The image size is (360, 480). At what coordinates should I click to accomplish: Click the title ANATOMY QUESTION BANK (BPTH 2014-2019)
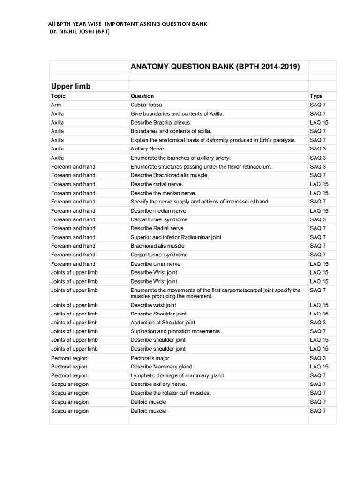click(215, 67)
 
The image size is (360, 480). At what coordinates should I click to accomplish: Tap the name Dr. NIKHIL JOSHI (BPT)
click(80, 31)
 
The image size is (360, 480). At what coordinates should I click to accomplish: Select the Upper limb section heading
click(71, 86)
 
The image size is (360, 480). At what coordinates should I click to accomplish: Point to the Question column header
click(142, 96)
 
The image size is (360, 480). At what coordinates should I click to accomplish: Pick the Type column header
click(316, 96)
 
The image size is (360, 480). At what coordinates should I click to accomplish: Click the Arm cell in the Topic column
click(56, 105)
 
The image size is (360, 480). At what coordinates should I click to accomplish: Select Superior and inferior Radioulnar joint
click(176, 237)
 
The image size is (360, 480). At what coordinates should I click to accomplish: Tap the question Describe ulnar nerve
click(156, 264)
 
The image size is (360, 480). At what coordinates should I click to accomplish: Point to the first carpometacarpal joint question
click(215, 293)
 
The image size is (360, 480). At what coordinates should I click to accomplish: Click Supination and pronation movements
click(175, 331)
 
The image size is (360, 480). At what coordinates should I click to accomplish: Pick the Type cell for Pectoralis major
click(318, 358)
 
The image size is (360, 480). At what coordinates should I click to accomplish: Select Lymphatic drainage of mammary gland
click(177, 375)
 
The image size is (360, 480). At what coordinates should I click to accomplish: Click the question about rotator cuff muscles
click(171, 393)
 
